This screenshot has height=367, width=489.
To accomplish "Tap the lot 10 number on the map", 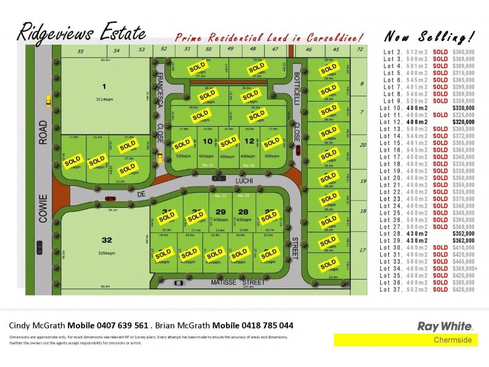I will (x=207, y=142).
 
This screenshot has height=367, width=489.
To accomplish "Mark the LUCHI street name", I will (x=248, y=181).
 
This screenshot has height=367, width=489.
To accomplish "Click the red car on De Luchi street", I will (x=111, y=198).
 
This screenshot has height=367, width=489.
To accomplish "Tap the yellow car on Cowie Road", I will (x=48, y=100).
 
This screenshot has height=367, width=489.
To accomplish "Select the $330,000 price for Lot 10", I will (x=463, y=108).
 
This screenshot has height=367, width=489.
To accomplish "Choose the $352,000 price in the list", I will (x=463, y=232).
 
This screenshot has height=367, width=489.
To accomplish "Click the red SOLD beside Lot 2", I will (x=440, y=52).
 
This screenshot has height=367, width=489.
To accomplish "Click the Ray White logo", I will (x=439, y=326).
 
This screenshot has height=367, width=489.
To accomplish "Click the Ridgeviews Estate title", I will (x=81, y=32).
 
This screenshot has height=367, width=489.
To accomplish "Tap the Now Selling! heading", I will (x=428, y=35).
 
